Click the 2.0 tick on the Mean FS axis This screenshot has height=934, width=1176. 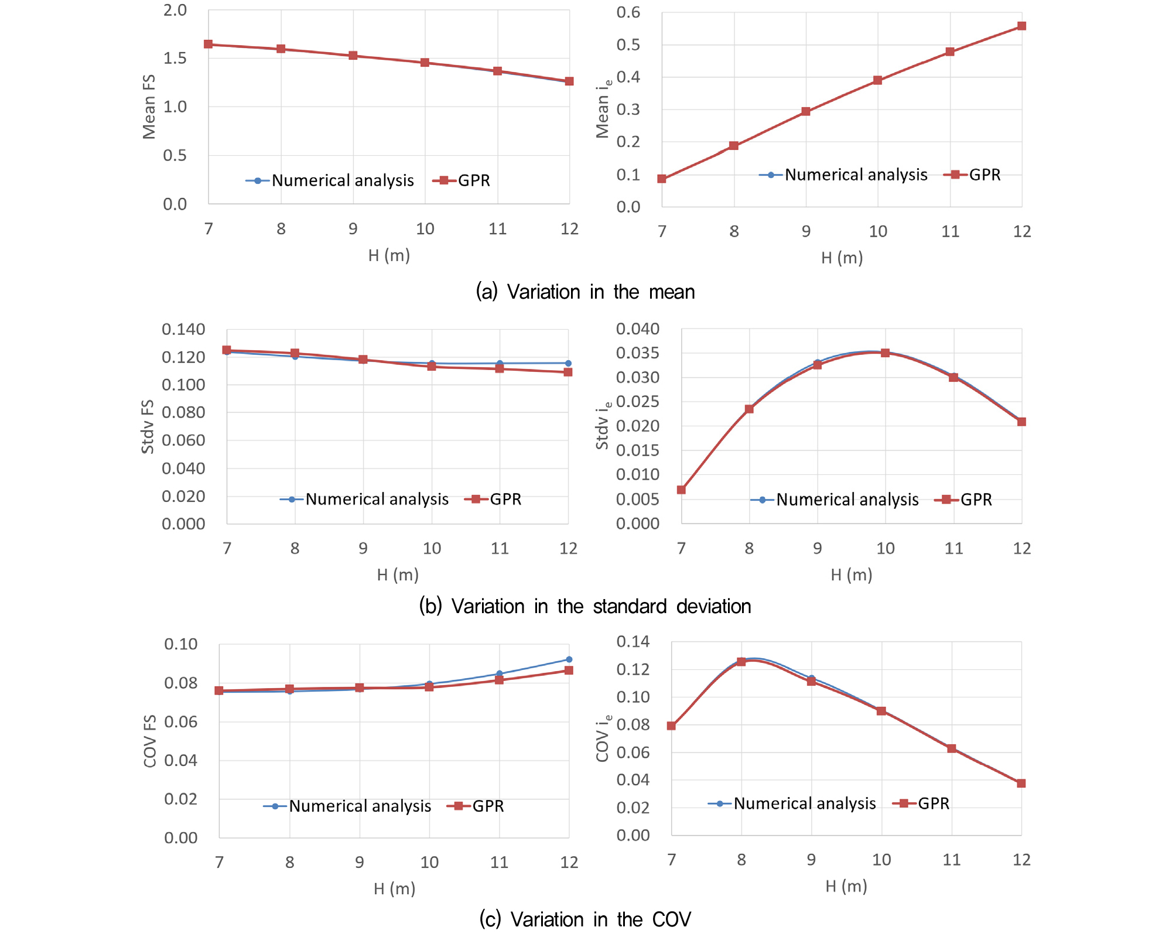pyautogui.click(x=175, y=11)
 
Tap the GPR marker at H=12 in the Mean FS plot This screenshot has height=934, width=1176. pyautogui.click(x=569, y=81)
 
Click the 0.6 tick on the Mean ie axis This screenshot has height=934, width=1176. pyautogui.click(x=628, y=13)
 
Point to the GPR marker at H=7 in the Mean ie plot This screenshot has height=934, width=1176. pyautogui.click(x=662, y=179)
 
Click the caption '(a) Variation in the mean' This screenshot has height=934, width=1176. pyautogui.click(x=585, y=292)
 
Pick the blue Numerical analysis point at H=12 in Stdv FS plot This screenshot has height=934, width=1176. pyautogui.click(x=568, y=363)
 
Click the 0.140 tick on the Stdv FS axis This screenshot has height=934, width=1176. pyautogui.click(x=183, y=329)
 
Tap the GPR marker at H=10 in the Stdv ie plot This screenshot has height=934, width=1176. pyautogui.click(x=886, y=353)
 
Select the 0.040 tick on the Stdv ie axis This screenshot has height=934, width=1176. pyautogui.click(x=637, y=329)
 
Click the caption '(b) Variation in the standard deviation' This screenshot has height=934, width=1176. pyautogui.click(x=585, y=606)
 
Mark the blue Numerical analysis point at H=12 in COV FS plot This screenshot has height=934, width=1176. pyautogui.click(x=569, y=659)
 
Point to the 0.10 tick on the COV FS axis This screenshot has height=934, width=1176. pyautogui.click(x=180, y=644)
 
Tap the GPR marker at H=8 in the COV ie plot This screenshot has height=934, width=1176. pyautogui.click(x=741, y=662)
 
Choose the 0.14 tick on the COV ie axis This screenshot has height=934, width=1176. pyautogui.click(x=633, y=642)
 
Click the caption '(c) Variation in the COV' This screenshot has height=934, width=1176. pyautogui.click(x=585, y=919)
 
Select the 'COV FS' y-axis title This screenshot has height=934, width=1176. pyautogui.click(x=150, y=741)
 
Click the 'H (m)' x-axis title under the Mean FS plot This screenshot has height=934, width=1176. pyautogui.click(x=389, y=255)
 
